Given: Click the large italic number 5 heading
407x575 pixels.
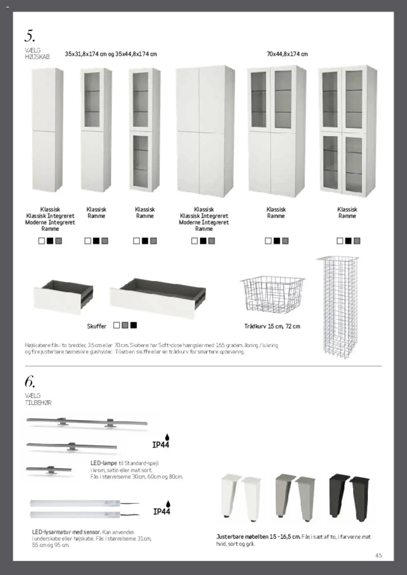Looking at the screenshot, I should click(x=30, y=36).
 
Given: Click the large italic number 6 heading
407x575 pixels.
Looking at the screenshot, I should click(x=30, y=382).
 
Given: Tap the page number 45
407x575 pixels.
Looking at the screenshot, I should click(x=378, y=556).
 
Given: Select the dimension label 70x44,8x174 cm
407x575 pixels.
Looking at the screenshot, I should click(x=287, y=54).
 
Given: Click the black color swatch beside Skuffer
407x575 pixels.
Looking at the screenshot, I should click(x=134, y=325).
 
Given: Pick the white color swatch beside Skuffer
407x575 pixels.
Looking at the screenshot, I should click(x=117, y=325).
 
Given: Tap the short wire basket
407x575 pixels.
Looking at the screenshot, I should click(x=272, y=294).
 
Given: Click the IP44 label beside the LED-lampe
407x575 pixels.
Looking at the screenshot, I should click(x=161, y=445).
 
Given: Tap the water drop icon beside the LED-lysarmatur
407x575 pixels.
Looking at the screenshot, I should click(x=168, y=504).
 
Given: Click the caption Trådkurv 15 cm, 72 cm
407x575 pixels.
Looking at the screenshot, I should click(x=272, y=326).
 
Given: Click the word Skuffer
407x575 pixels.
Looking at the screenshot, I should click(x=97, y=326).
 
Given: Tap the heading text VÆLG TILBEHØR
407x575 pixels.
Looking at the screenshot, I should click(x=38, y=399).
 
